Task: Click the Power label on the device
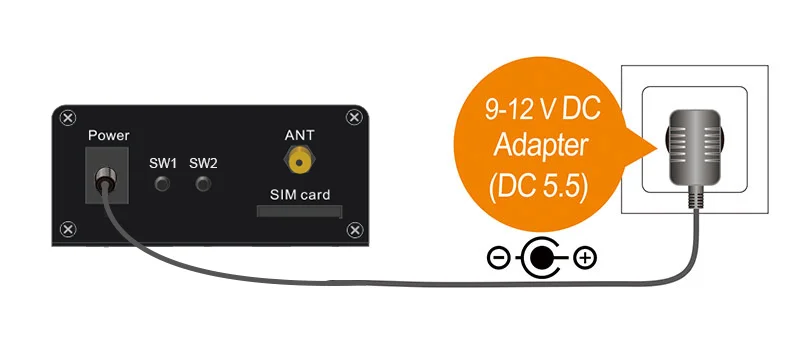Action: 108,135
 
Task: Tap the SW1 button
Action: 162,184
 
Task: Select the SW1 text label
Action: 163,164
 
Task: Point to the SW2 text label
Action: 203,164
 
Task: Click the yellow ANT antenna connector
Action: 300,162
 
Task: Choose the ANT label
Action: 299,135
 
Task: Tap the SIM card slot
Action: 300,211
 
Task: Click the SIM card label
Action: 300,195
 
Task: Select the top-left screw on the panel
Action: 68,118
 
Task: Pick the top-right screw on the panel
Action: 354,118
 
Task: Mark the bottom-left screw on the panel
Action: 68,230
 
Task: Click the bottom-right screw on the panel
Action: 355,230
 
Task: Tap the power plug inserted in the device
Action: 106,179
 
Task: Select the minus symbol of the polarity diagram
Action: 498,258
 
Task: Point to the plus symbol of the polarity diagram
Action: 585,258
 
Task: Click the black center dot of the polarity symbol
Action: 540,258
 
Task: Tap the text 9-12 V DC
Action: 542,110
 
